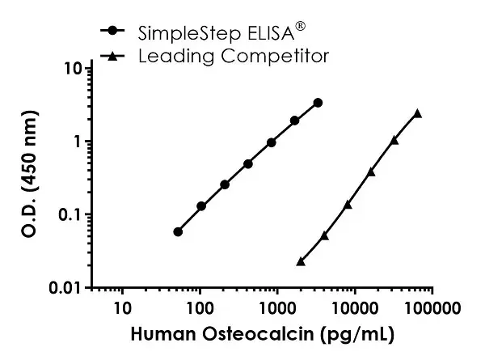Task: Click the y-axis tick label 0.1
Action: [73, 214]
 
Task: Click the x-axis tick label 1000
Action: [277, 308]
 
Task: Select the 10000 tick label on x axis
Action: [354, 308]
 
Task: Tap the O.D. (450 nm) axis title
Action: [31, 178]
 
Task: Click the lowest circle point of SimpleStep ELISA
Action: [178, 232]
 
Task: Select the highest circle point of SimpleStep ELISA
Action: [318, 103]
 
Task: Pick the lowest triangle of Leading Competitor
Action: [301, 261]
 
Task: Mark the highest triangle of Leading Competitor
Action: [417, 113]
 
